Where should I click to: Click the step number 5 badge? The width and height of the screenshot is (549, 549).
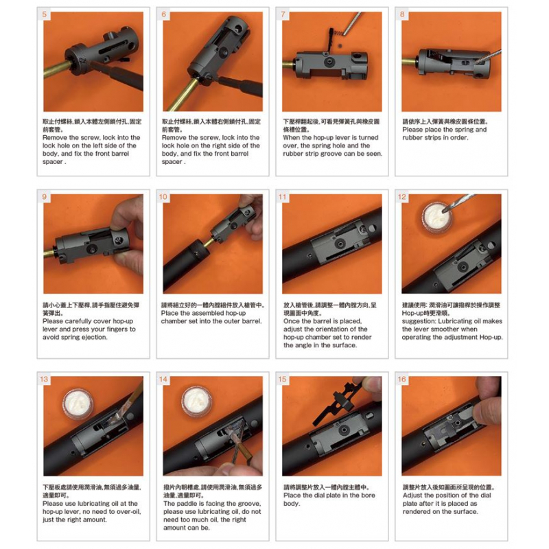(x=44, y=14)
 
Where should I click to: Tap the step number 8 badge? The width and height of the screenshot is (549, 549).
(x=402, y=14)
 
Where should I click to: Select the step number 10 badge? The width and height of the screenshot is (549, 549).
(x=163, y=197)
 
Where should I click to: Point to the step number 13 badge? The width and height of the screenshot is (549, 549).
(x=44, y=379)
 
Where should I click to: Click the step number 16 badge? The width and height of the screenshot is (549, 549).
(x=402, y=379)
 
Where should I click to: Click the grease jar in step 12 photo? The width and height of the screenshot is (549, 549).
(x=436, y=218)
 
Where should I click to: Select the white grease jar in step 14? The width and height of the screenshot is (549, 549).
(x=197, y=401)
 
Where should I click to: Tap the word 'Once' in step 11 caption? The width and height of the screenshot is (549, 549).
(x=291, y=321)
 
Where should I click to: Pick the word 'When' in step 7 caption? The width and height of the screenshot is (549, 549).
(x=291, y=138)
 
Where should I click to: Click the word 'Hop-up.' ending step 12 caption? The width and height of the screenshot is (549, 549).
(x=491, y=337)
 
